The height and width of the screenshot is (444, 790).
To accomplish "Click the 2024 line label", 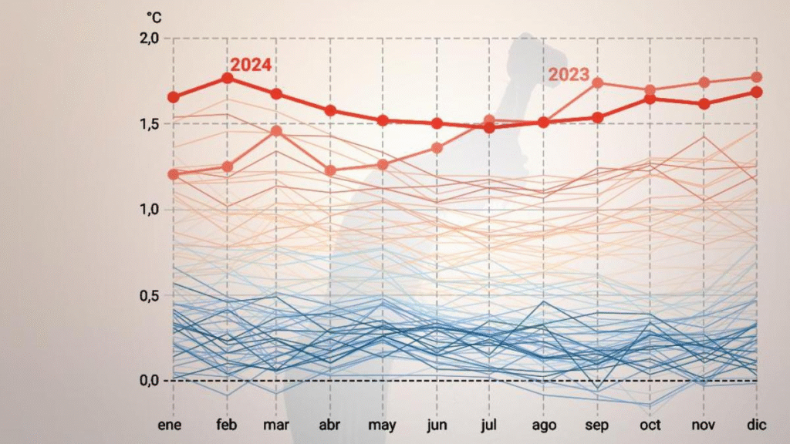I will pos(251,65).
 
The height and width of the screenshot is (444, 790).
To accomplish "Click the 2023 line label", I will pos(569,75).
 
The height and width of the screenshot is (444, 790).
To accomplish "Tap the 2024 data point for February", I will pos(228,78).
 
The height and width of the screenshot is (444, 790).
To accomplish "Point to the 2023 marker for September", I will pos(597,82).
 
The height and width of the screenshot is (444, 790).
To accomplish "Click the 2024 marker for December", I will pos(757,92).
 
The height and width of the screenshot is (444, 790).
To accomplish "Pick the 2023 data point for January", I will pos(173,174).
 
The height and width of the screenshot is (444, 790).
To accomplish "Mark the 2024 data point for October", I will pos(650,99).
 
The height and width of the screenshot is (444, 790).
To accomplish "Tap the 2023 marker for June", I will pos(437,148).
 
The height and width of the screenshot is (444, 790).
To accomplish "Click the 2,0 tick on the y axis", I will pos(149,39).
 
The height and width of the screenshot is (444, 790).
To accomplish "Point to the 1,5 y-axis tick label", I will pos(149,124).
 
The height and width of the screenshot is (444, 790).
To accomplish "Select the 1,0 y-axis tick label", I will pos(149,210).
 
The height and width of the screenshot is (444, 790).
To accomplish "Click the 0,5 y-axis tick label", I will pos(149,295).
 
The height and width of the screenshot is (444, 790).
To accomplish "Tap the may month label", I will pos(383,425).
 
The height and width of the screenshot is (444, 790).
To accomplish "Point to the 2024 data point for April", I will pos(330,110).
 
